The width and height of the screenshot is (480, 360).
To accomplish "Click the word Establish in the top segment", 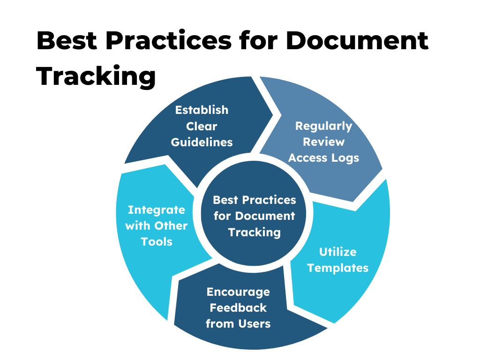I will click(x=202, y=110).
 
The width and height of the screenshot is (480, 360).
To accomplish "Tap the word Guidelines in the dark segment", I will click(x=202, y=142).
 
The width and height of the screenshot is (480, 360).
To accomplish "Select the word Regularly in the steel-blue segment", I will click(x=323, y=126).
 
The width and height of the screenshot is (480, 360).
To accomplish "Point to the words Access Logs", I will click(x=323, y=158).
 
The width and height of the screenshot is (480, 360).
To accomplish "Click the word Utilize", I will click(x=337, y=252).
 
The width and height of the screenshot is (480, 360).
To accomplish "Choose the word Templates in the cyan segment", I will click(x=337, y=268).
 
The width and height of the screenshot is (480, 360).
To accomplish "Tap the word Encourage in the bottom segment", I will click(x=238, y=292).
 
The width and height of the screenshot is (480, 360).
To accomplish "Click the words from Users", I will click(x=238, y=324).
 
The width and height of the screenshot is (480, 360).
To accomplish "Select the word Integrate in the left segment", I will click(x=157, y=210).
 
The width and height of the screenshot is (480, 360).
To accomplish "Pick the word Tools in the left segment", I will click(x=157, y=242).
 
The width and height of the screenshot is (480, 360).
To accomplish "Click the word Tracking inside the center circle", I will click(x=255, y=232).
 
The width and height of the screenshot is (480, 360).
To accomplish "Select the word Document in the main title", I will click(x=357, y=41).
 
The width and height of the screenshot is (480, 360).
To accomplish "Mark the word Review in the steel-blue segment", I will click(x=323, y=142).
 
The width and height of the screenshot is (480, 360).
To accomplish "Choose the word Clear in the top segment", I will click(x=202, y=126).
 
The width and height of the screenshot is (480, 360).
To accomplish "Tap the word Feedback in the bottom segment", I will click(x=238, y=308).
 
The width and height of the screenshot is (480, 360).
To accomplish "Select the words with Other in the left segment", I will click(x=157, y=226).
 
